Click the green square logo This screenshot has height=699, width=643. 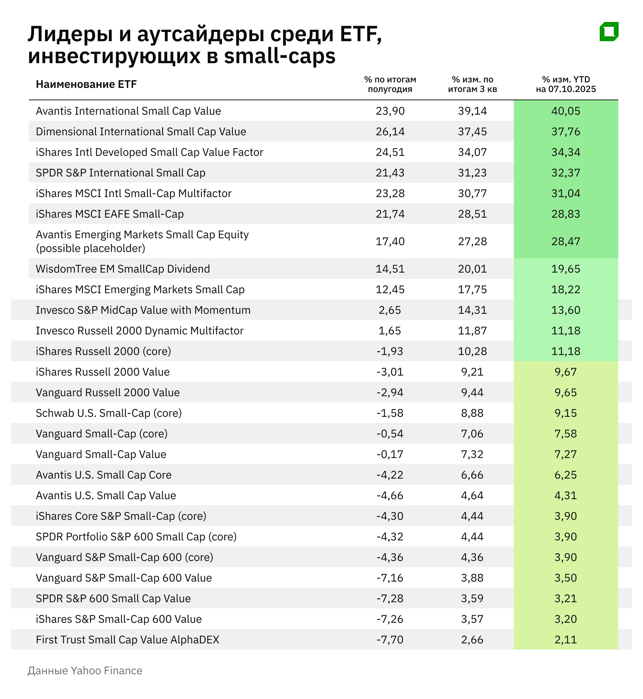coord(609,32)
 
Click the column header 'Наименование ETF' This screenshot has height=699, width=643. coord(86,84)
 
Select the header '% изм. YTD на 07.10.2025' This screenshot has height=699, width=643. coord(565,84)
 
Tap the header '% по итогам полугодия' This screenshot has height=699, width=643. coord(390,84)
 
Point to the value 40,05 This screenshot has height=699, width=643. coord(565,111)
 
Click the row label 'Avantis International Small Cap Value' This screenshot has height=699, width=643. coord(128,111)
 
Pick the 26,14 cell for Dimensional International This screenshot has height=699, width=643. coord(390,131)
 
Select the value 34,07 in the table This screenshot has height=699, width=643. coord(472,152)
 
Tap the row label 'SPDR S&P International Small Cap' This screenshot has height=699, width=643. coord(120,173)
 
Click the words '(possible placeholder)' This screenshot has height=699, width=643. coord(90,248)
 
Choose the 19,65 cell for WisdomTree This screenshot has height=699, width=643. coord(565,269)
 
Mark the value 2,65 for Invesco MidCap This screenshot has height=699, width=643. coord(390,310)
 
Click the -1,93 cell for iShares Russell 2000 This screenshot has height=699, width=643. coord(390,351)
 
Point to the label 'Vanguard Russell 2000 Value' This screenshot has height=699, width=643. coord(108,393)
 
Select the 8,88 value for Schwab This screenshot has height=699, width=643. coord(472,413)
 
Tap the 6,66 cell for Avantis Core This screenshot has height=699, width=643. coord(472,475)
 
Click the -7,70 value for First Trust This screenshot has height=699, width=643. coord(390,640)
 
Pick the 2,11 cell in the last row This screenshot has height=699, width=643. coord(565,640)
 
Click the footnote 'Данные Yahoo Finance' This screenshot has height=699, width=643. coord(85,671)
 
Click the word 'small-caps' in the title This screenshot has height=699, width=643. coord(279,56)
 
